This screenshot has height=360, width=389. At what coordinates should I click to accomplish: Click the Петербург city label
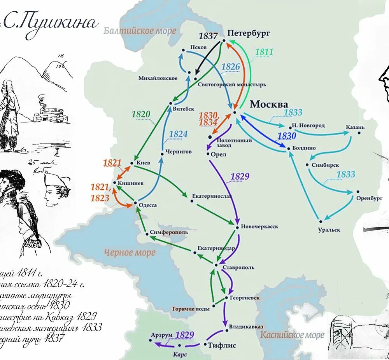tap(249, 33)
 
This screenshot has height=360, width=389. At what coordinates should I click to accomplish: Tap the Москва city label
tap(269, 104)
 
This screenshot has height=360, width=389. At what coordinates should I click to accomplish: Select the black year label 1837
tap(208, 36)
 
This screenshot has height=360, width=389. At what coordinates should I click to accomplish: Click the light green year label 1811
tap(264, 52)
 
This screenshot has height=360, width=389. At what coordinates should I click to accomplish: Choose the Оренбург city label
tap(367, 198)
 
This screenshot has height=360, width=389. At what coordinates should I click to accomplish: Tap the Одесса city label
tap(148, 205)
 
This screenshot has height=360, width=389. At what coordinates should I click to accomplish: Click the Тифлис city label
tap(222, 345)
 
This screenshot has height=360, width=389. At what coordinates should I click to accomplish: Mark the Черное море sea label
tap(130, 253)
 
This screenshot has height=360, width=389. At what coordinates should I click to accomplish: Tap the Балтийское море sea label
tap(140, 31)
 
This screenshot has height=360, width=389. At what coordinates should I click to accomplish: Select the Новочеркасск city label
tap(259, 227)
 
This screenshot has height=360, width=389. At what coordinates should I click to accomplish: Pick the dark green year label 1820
tap(141, 114)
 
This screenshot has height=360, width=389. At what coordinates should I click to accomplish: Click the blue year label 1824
tap(178, 134)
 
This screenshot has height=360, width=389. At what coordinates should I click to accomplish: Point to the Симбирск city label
tap(323, 165)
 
